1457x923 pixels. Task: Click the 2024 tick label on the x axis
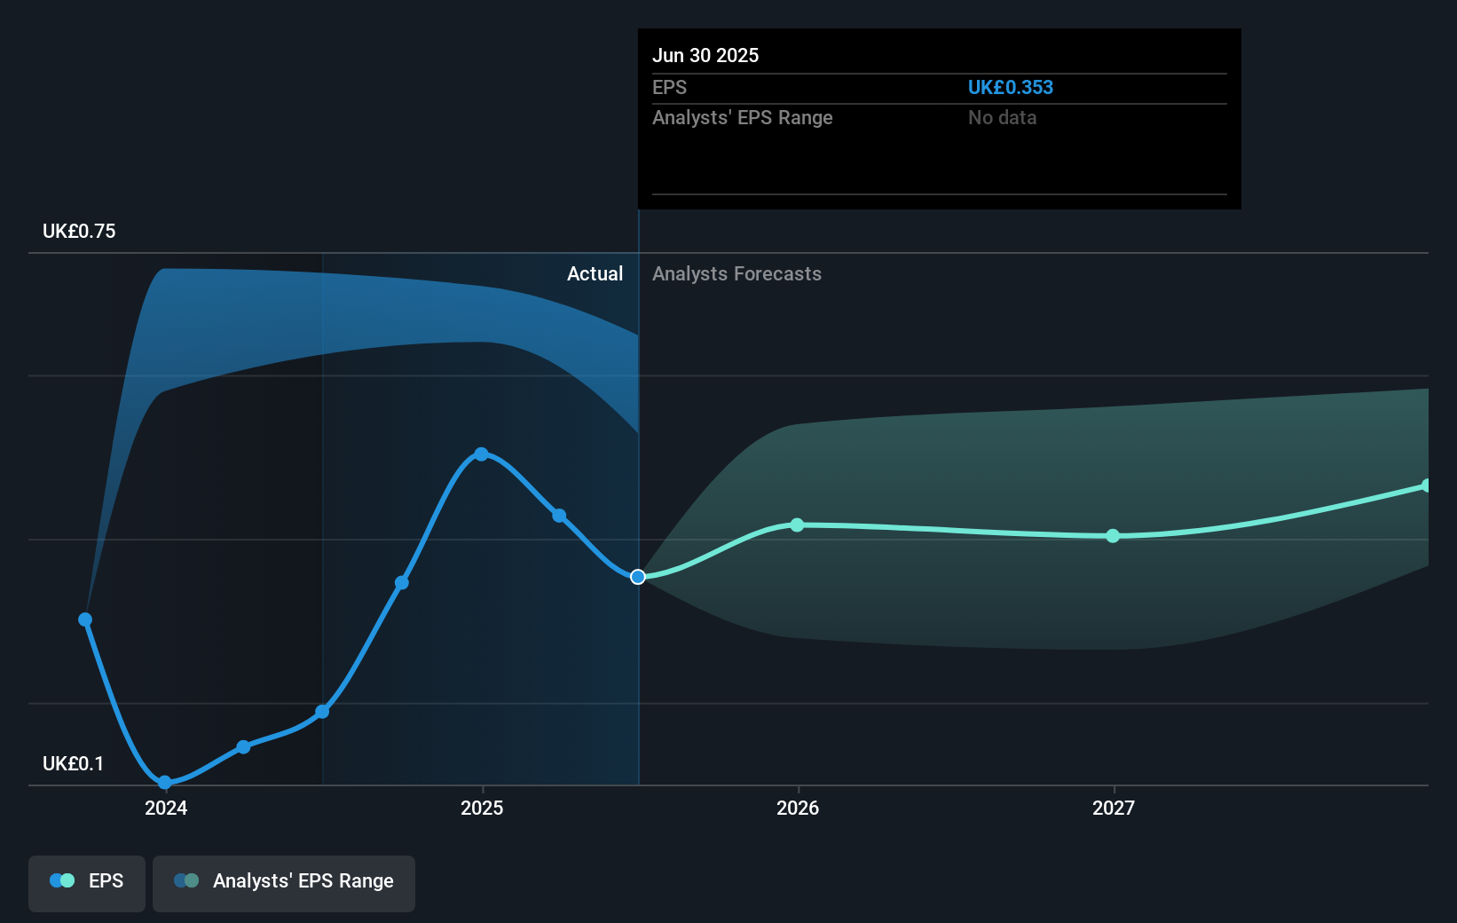point(166,808)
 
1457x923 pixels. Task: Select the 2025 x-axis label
point(482,808)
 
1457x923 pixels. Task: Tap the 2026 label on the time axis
point(798,808)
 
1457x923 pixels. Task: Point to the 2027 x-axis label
point(1114,808)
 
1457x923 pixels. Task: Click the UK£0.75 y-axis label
point(79,231)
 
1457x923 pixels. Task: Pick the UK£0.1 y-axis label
point(73,763)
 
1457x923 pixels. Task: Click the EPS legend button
point(87,881)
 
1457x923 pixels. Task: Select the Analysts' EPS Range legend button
point(284,881)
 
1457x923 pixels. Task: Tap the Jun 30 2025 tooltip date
point(705,55)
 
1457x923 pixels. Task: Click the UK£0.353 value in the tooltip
point(1010,87)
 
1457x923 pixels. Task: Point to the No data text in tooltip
point(1002,117)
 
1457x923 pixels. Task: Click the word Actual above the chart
point(595,273)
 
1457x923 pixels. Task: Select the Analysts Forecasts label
point(736,273)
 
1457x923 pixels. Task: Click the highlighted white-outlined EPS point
point(638,577)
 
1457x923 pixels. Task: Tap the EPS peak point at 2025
point(481,454)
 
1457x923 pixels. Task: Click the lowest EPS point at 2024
point(164,782)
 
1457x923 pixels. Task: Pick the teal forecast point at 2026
point(797,525)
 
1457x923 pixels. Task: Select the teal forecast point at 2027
point(1113,536)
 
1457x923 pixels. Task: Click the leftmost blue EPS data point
point(85,619)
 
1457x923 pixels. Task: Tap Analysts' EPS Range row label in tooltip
point(742,117)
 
